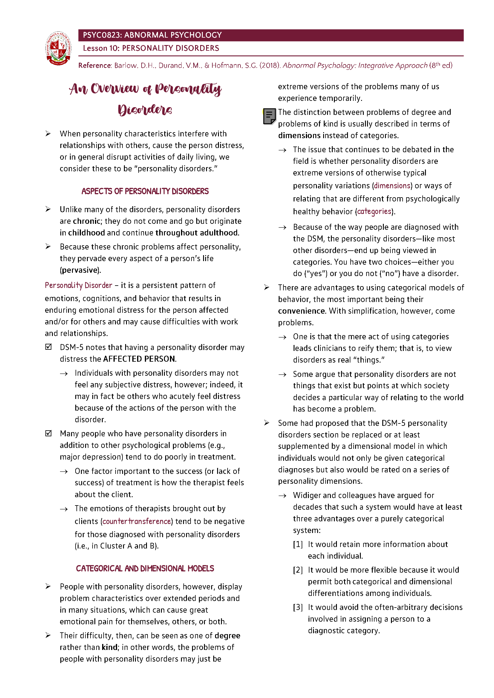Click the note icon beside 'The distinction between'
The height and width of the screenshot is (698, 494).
(269, 116)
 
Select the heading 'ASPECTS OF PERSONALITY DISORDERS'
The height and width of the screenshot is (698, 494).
(145, 191)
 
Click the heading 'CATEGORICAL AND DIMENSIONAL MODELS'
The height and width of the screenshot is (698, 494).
(145, 568)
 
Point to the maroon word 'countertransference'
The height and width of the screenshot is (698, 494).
(136, 521)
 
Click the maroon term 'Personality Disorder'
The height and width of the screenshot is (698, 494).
(79, 286)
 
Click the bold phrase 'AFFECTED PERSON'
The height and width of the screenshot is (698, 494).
(139, 359)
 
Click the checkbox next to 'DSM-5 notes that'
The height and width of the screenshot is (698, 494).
(48, 347)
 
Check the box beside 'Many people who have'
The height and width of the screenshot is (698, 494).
(48, 433)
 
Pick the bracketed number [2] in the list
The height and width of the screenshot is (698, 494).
(297, 570)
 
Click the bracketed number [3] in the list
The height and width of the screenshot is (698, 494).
(297, 607)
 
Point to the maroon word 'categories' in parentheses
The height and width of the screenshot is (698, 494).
(374, 211)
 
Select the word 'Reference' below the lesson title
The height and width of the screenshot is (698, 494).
(95, 66)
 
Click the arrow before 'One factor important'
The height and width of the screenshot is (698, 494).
(64, 472)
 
